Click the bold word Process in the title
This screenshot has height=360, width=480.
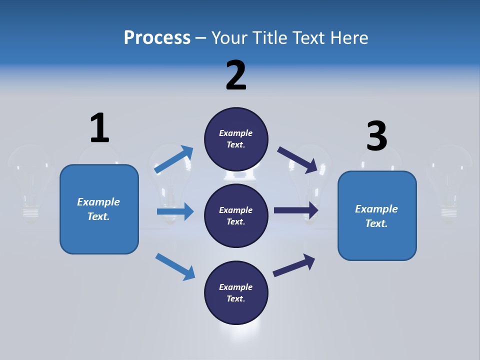coord(157,37)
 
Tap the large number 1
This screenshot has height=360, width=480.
coord(99,128)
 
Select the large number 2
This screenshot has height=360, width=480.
coord(236,75)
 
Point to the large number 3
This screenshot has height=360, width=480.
coord(376,136)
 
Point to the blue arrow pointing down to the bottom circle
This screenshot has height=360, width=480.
coord(175,266)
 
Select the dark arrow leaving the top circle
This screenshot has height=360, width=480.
coord(298,159)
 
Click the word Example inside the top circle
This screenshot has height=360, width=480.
coord(236,133)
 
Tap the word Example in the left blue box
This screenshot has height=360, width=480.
coord(98,202)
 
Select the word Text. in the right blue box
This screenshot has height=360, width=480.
coord(376,223)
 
